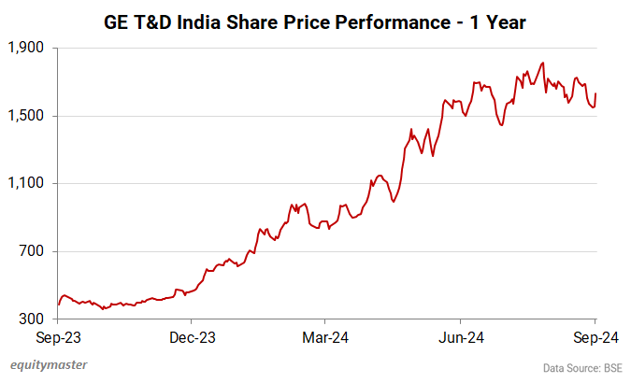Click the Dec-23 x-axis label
(193, 336)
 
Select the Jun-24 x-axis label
(462, 336)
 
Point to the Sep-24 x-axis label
(595, 336)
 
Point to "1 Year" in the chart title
(497, 21)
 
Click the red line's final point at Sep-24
(596, 93)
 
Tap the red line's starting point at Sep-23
(58, 305)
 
